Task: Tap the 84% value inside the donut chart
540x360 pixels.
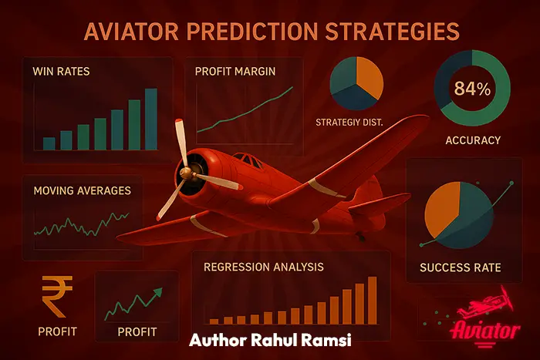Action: (x=472, y=89)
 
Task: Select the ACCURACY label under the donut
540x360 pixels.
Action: (x=472, y=140)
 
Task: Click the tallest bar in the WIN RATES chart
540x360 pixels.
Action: (x=151, y=119)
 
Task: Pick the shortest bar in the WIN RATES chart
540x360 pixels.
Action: (x=49, y=143)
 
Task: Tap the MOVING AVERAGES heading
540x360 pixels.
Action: (x=82, y=190)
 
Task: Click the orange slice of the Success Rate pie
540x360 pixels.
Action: (x=443, y=210)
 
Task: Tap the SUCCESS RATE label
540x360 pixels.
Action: (x=460, y=268)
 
